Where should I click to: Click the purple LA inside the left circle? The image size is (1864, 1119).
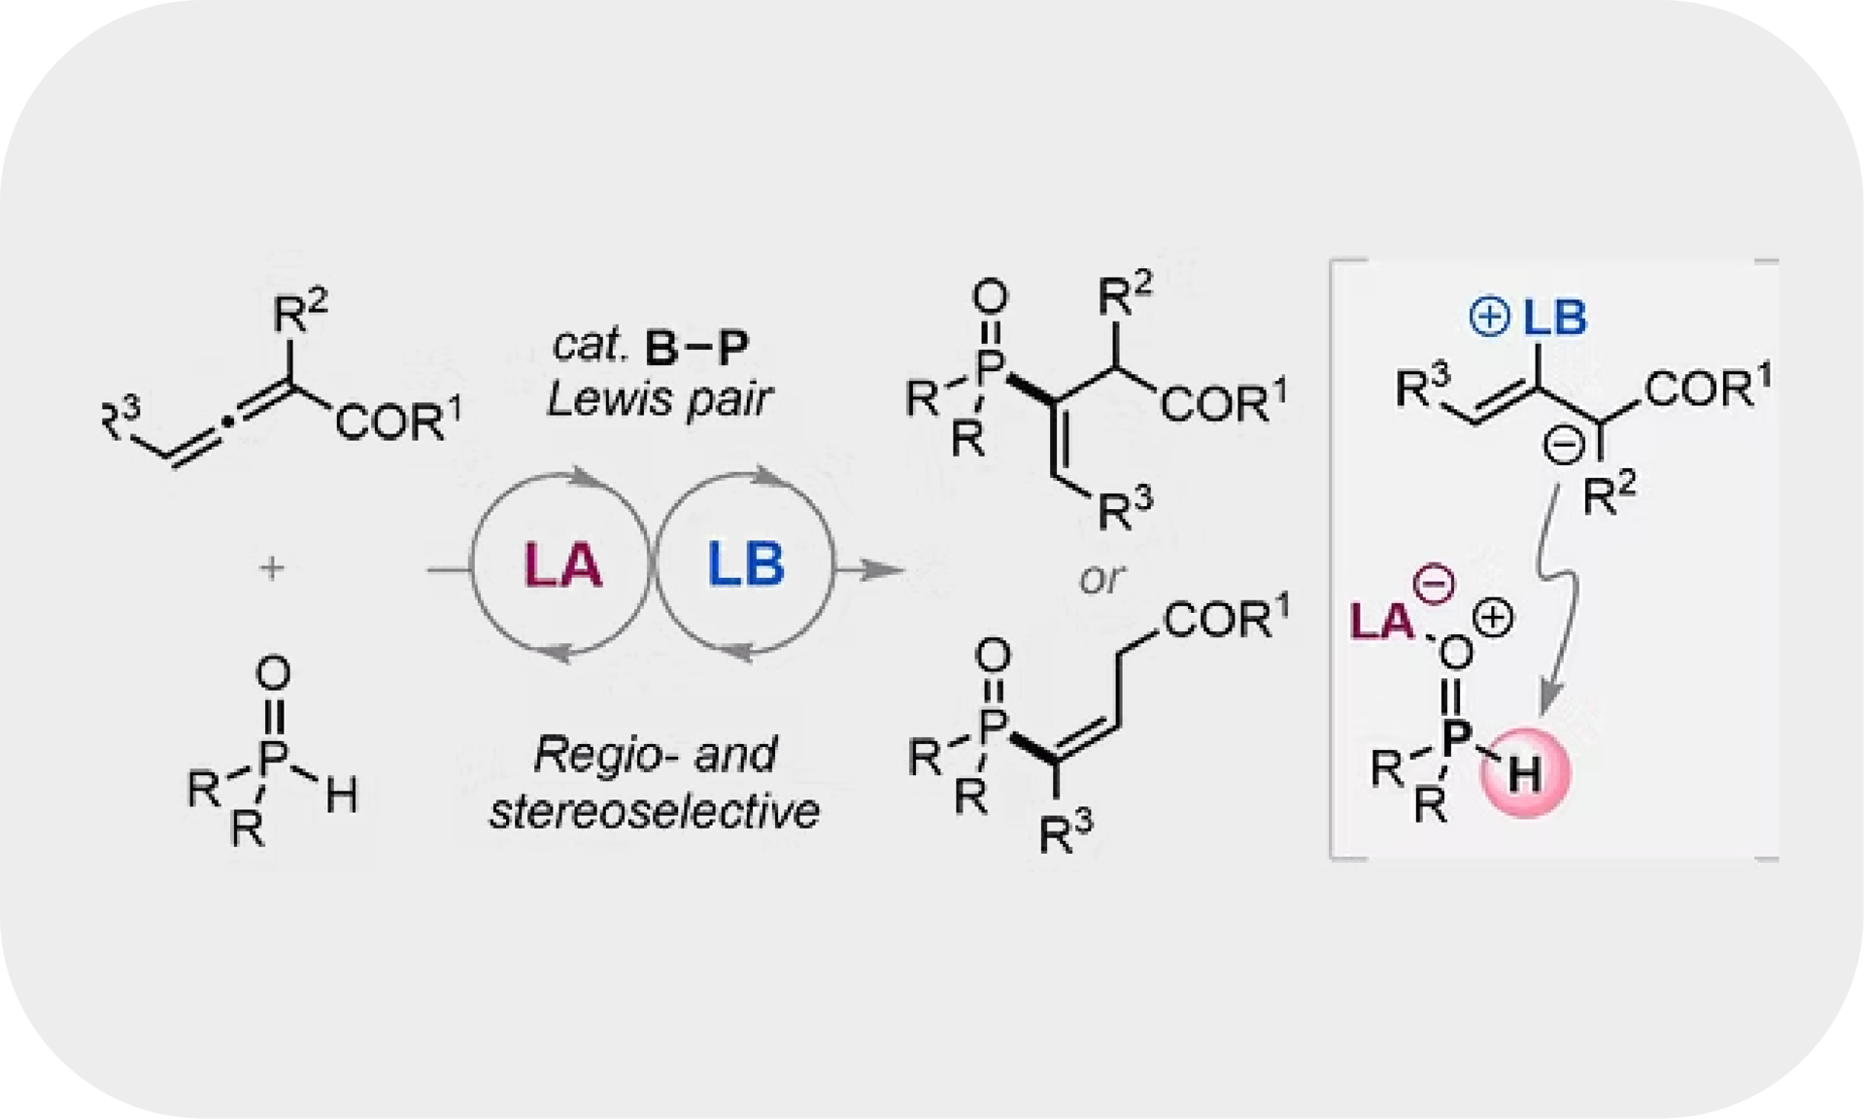point(562,564)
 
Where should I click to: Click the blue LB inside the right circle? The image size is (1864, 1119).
point(745,564)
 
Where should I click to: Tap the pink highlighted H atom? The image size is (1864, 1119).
point(1524,773)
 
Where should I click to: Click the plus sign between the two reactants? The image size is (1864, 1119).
point(272,567)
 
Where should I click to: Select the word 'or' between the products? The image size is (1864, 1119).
point(1101,579)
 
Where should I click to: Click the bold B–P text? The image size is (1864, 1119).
point(697,347)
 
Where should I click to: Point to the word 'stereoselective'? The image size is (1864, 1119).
point(654,811)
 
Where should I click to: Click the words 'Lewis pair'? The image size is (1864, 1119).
point(659,398)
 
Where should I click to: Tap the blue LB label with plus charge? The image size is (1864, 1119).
point(1529,318)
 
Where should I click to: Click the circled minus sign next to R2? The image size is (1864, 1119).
point(1564,446)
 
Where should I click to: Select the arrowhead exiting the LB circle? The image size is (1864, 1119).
point(881,569)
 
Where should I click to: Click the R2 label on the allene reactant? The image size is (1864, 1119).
point(300,311)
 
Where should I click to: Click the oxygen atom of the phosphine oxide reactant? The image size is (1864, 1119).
point(274,673)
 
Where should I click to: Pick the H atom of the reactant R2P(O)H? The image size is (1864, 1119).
point(341,796)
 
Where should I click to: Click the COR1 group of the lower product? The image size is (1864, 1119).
point(1227,618)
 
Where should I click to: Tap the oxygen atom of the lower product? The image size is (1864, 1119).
point(992,656)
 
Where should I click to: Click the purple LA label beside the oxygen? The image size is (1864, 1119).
point(1382,623)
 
